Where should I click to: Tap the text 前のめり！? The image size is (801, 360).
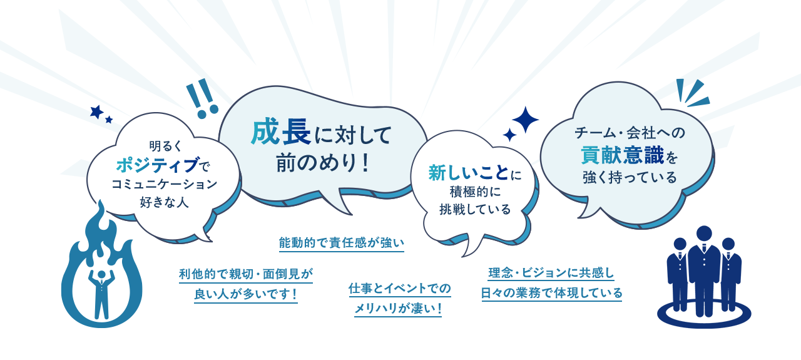[x=324, y=162]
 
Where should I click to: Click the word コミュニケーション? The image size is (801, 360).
[x=164, y=184]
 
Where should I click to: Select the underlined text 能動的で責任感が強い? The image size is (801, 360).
[x=341, y=242]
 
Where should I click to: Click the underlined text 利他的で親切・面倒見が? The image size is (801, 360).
[x=245, y=274]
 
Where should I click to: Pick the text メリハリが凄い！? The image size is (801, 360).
[x=398, y=307]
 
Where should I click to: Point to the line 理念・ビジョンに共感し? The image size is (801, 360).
[x=551, y=273]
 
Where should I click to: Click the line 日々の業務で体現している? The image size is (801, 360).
[x=551, y=292]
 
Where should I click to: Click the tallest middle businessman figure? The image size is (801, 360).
[x=704, y=269]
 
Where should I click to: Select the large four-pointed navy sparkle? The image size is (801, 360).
[x=525, y=120]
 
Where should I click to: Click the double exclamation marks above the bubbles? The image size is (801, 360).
[x=202, y=100]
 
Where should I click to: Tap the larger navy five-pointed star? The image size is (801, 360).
[x=96, y=112]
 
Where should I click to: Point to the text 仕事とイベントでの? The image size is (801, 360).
[x=399, y=288]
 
